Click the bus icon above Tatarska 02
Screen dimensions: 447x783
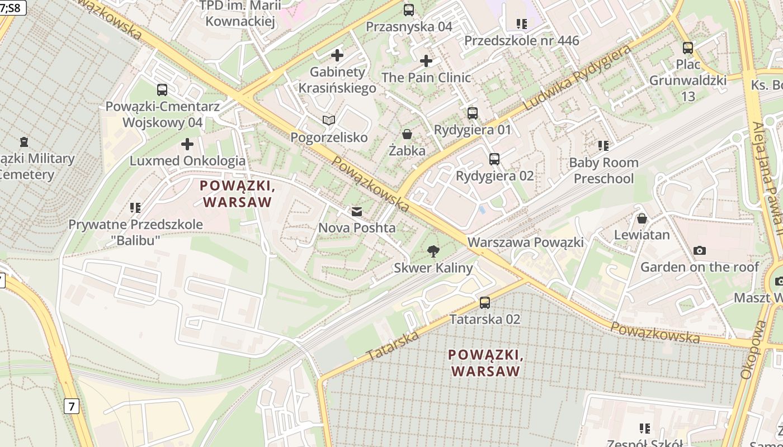(485, 303)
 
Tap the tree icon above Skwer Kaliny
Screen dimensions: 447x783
(433, 251)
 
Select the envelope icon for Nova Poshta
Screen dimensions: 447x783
(356, 212)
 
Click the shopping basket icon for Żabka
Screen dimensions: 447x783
(407, 134)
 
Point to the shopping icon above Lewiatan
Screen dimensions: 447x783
(642, 218)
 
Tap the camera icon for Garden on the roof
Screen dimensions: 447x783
(699, 250)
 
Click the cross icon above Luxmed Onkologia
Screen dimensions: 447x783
(187, 145)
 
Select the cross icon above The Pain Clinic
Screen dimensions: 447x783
(426, 61)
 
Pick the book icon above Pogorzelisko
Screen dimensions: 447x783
(329, 121)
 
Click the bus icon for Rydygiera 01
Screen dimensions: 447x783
(473, 113)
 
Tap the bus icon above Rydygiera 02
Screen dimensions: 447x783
(494, 159)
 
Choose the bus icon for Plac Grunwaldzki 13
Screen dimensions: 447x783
(688, 48)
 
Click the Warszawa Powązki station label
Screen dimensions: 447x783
(526, 242)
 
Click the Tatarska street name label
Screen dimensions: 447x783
(393, 345)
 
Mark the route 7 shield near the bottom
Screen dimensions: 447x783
(71, 406)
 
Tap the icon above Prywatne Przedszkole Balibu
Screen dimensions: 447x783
(135, 208)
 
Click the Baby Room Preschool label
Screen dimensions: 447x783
(603, 170)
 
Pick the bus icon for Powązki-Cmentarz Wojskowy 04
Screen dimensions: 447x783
(162, 89)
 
